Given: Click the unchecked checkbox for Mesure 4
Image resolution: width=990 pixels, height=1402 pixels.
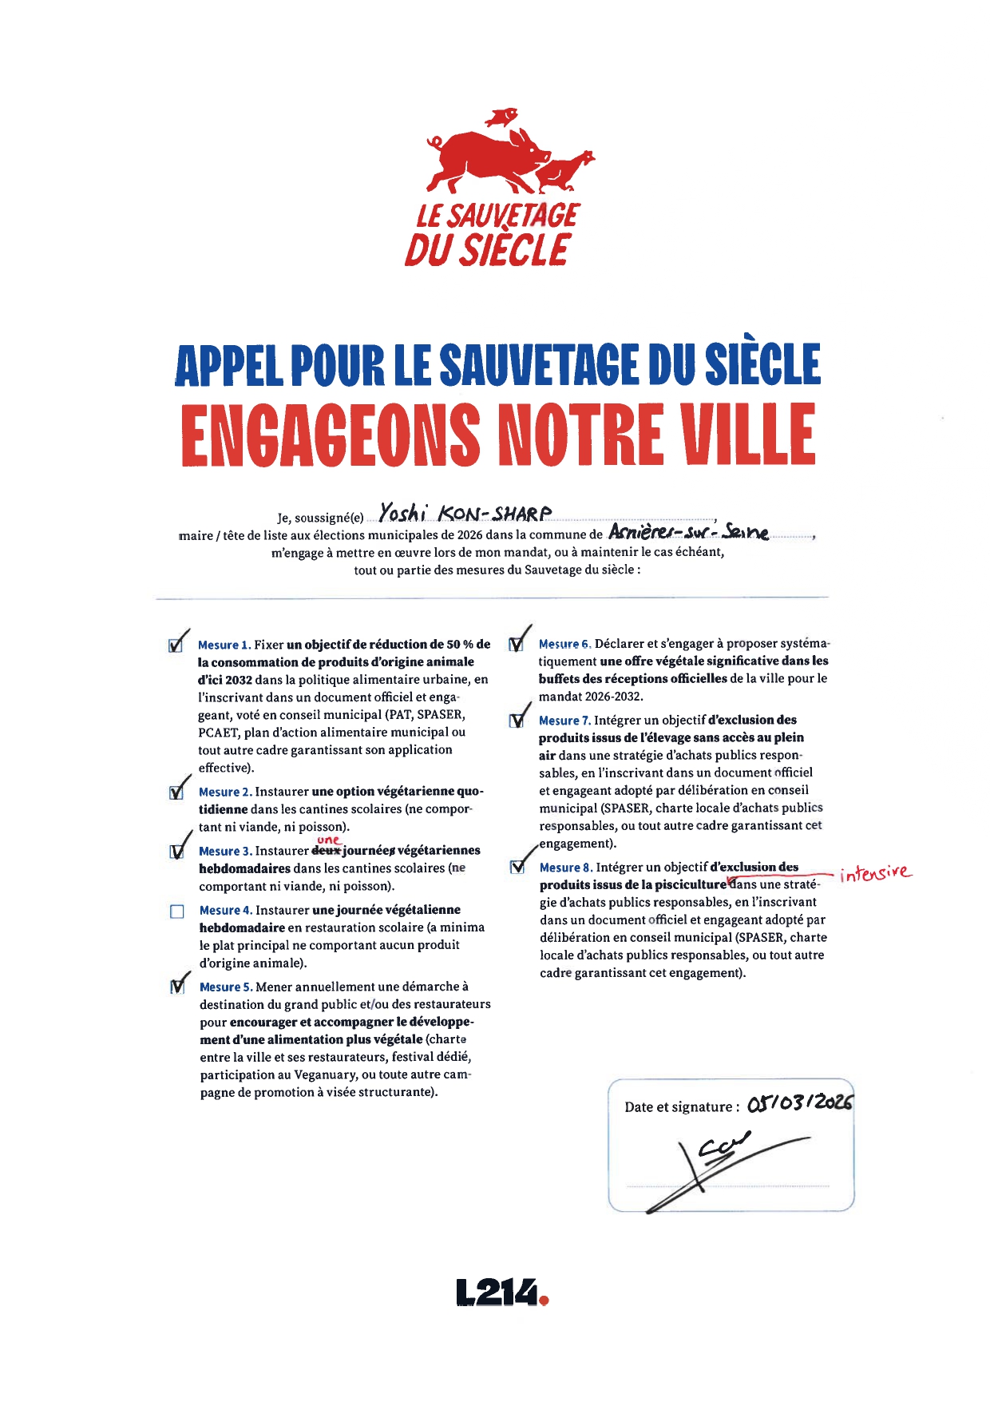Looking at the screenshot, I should tap(177, 911).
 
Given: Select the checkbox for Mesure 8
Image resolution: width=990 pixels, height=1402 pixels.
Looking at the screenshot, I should tap(517, 868).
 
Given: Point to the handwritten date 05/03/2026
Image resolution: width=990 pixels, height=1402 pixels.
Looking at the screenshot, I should tap(800, 1103).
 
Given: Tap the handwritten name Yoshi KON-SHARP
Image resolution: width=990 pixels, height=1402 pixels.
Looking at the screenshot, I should tap(465, 513).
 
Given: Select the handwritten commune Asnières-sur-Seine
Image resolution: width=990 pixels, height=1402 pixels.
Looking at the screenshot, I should tap(688, 531).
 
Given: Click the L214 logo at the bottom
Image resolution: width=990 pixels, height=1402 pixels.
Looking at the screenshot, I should tap(502, 1292).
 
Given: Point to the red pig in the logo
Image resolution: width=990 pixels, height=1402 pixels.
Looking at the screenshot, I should tap(487, 157).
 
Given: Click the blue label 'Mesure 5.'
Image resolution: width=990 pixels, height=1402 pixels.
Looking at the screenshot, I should tap(226, 987).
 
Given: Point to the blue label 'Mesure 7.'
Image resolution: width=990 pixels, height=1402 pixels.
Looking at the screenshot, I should tap(564, 721).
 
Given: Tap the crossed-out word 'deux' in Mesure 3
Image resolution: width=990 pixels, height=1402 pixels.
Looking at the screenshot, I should tap(326, 851).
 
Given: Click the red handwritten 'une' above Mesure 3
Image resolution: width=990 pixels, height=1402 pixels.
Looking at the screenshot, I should tap(329, 840).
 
